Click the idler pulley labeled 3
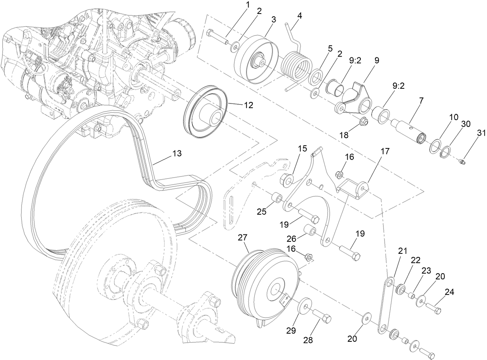(257, 60)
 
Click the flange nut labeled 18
(363, 122)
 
